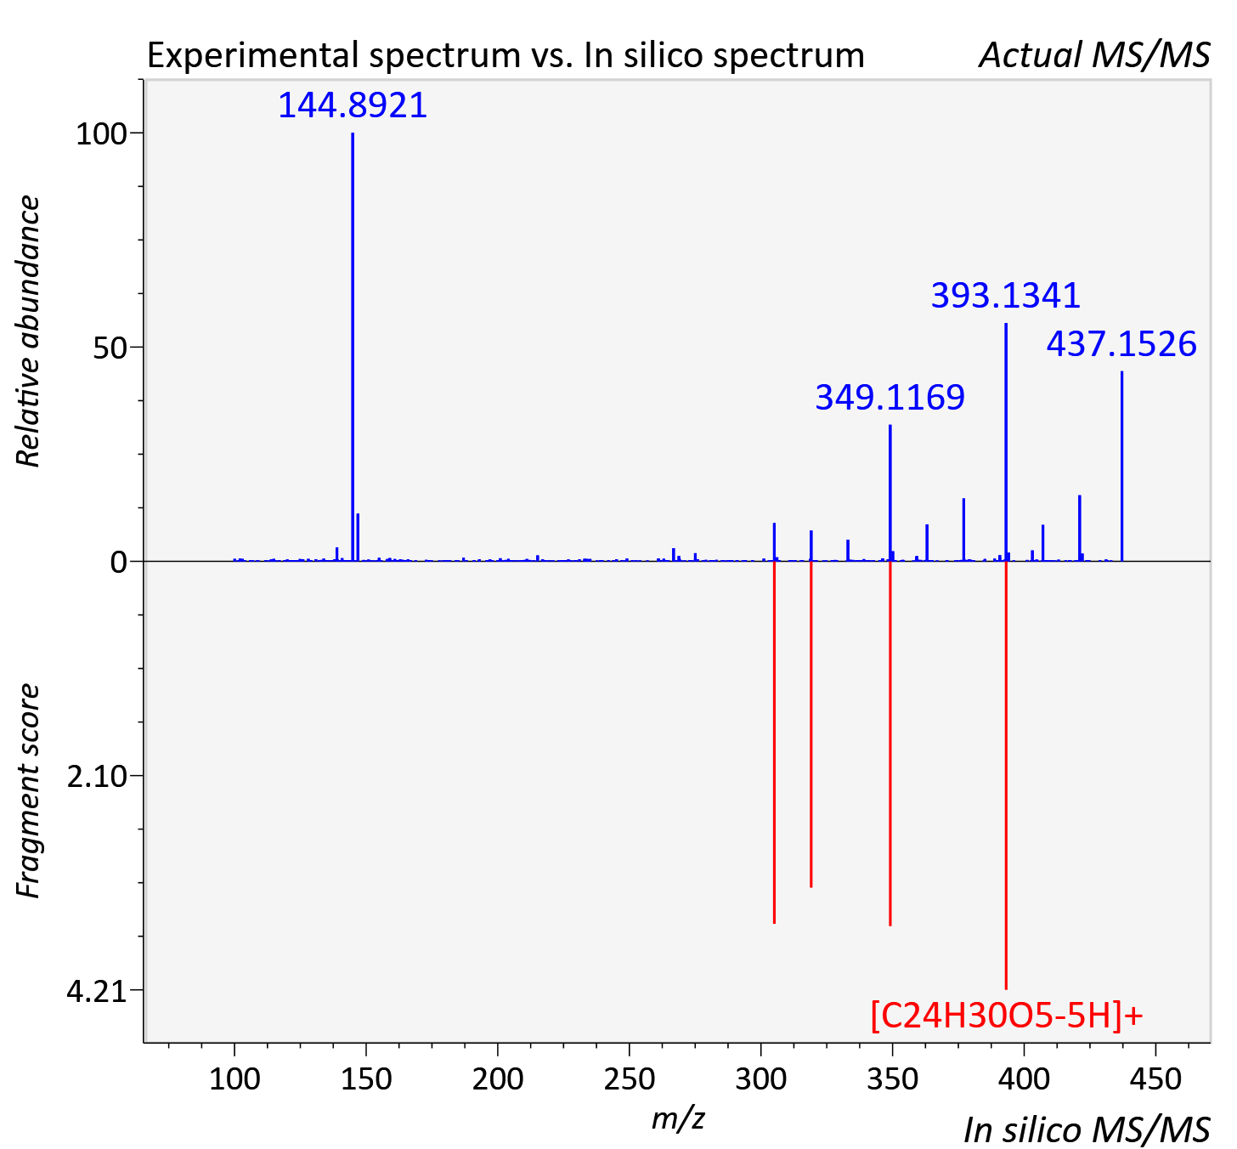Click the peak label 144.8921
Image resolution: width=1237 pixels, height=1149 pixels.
click(353, 105)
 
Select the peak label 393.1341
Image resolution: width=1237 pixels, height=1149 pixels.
click(1005, 296)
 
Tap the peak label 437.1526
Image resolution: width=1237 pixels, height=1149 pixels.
click(1121, 344)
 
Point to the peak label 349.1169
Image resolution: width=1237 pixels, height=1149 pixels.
click(890, 397)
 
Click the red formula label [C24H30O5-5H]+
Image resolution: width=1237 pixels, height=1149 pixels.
click(1007, 1016)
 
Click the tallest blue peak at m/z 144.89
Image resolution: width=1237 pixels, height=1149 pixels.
click(353, 347)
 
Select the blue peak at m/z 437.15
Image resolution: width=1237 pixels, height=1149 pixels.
click(1121, 466)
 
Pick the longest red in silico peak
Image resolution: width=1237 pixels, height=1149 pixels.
click(1006, 775)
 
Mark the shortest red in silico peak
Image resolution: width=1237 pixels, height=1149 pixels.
click(811, 724)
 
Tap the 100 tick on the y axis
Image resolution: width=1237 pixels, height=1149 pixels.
click(100, 133)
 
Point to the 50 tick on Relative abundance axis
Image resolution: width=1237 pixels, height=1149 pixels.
click(109, 348)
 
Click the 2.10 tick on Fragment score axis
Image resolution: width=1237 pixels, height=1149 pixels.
click(96, 777)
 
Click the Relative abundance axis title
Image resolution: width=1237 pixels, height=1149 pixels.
click(27, 331)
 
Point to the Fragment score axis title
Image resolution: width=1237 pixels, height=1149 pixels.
click(27, 790)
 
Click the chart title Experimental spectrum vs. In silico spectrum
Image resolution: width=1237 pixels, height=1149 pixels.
click(506, 55)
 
